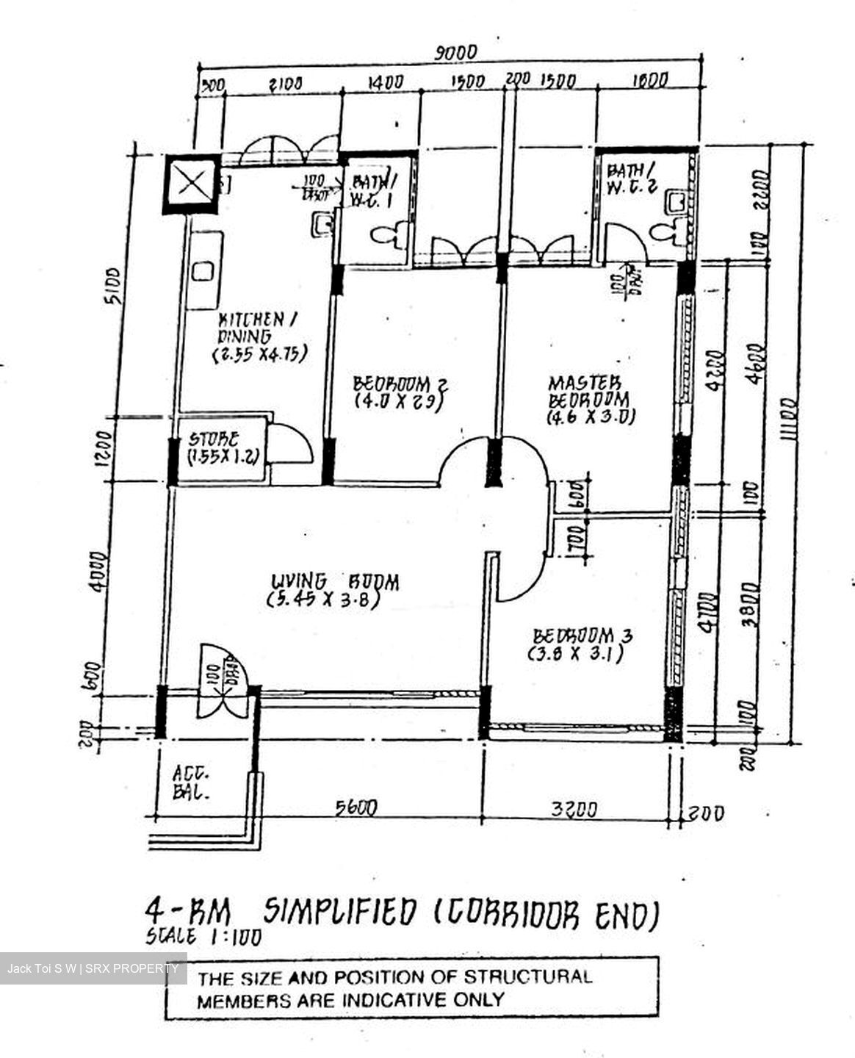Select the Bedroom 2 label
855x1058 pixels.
pos(400,392)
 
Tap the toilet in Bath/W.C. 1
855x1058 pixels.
pos(384,236)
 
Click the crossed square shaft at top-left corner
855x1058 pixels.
pos(190,184)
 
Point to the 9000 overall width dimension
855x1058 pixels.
pos(456,53)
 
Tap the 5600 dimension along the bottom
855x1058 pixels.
pos(356,807)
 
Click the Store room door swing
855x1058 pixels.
pos(291,445)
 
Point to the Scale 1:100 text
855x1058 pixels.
pos(203,936)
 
